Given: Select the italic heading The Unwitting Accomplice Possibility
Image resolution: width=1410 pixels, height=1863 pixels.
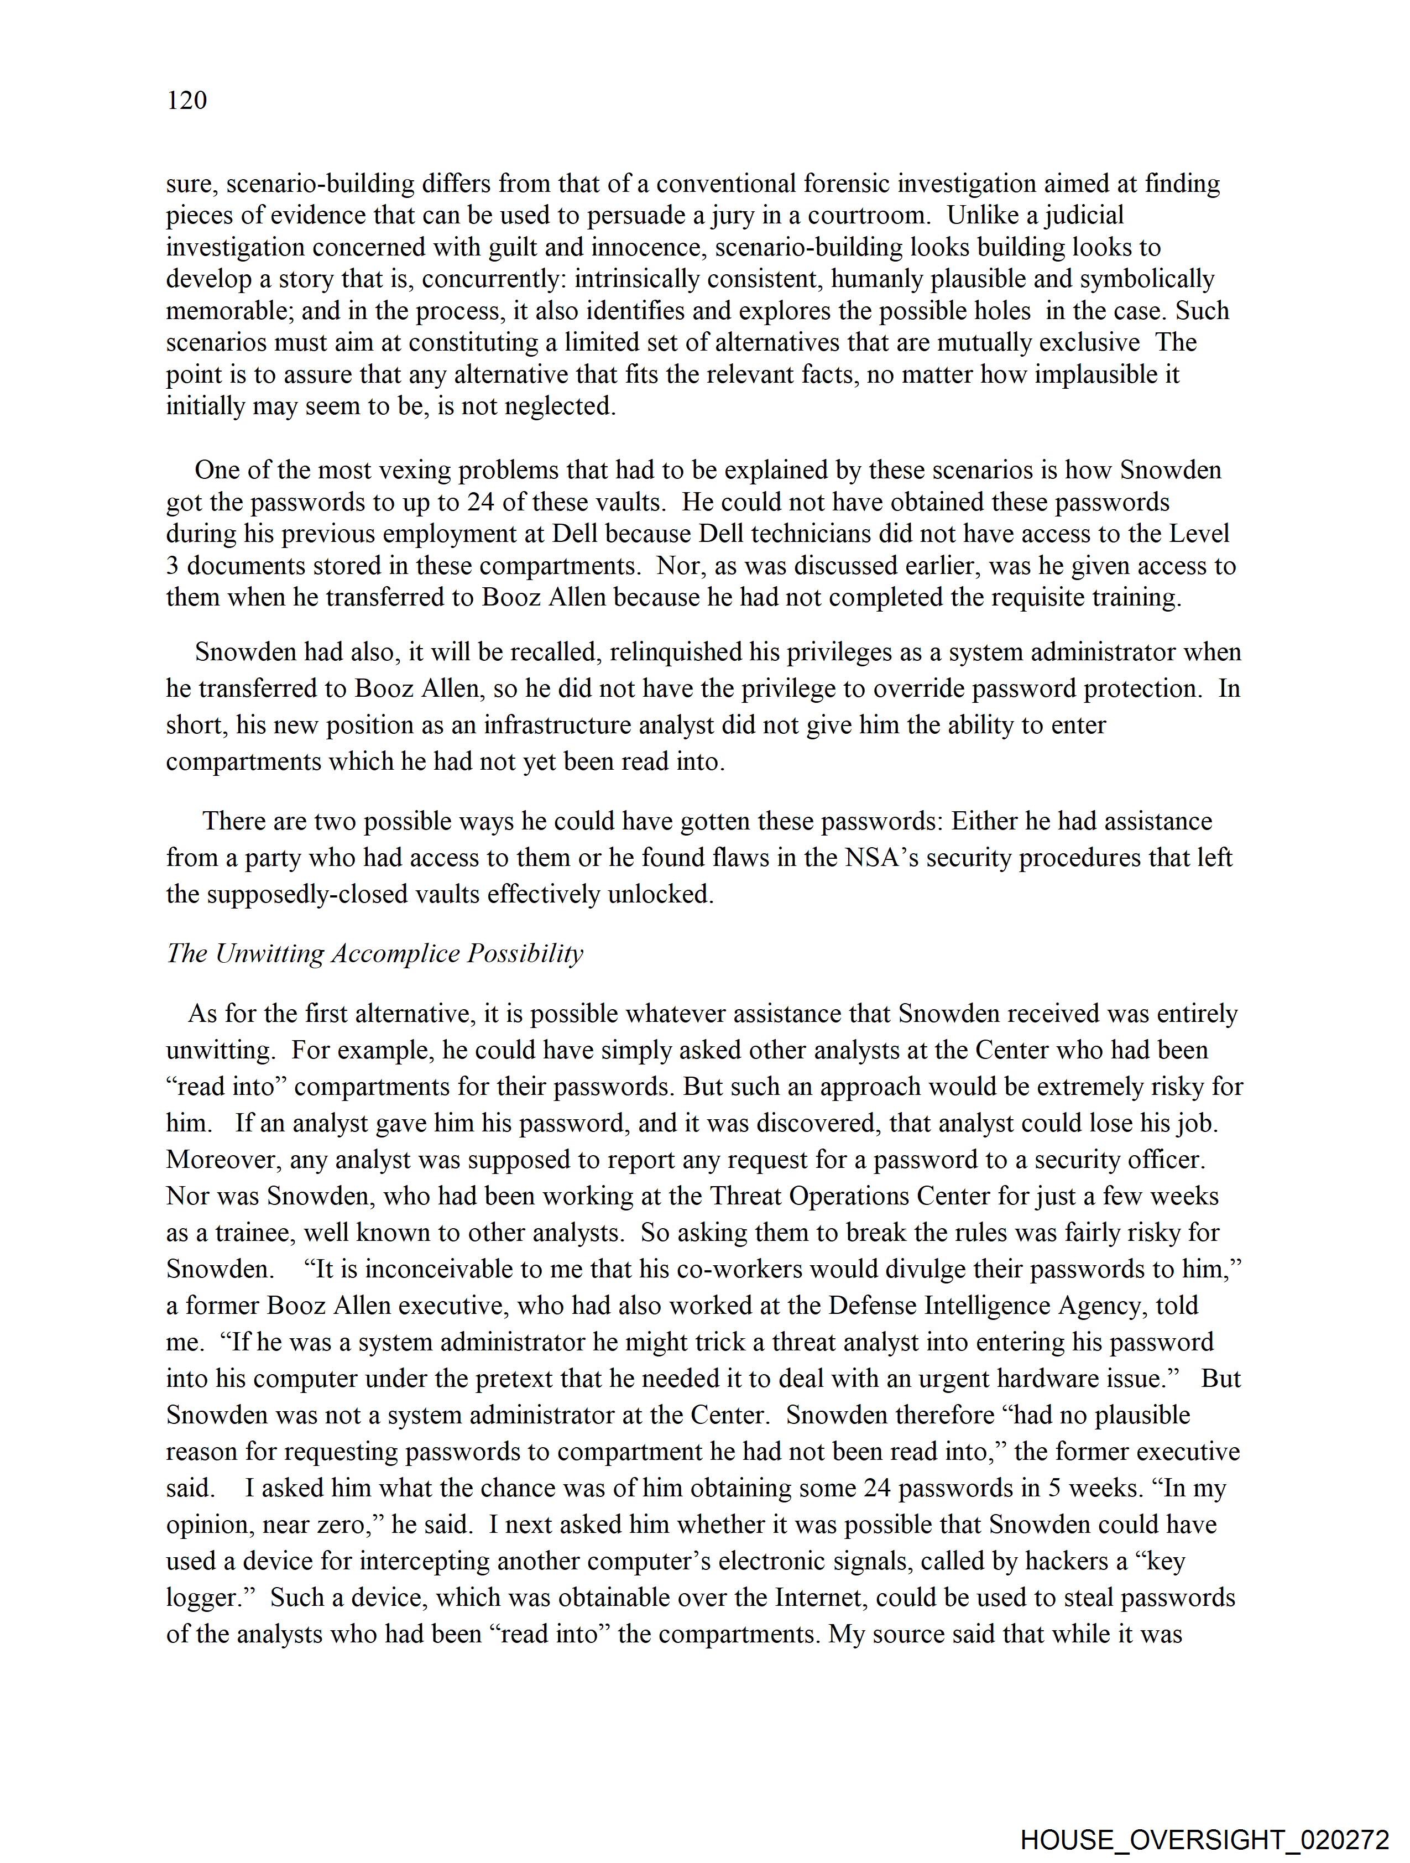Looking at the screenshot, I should [x=375, y=953].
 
